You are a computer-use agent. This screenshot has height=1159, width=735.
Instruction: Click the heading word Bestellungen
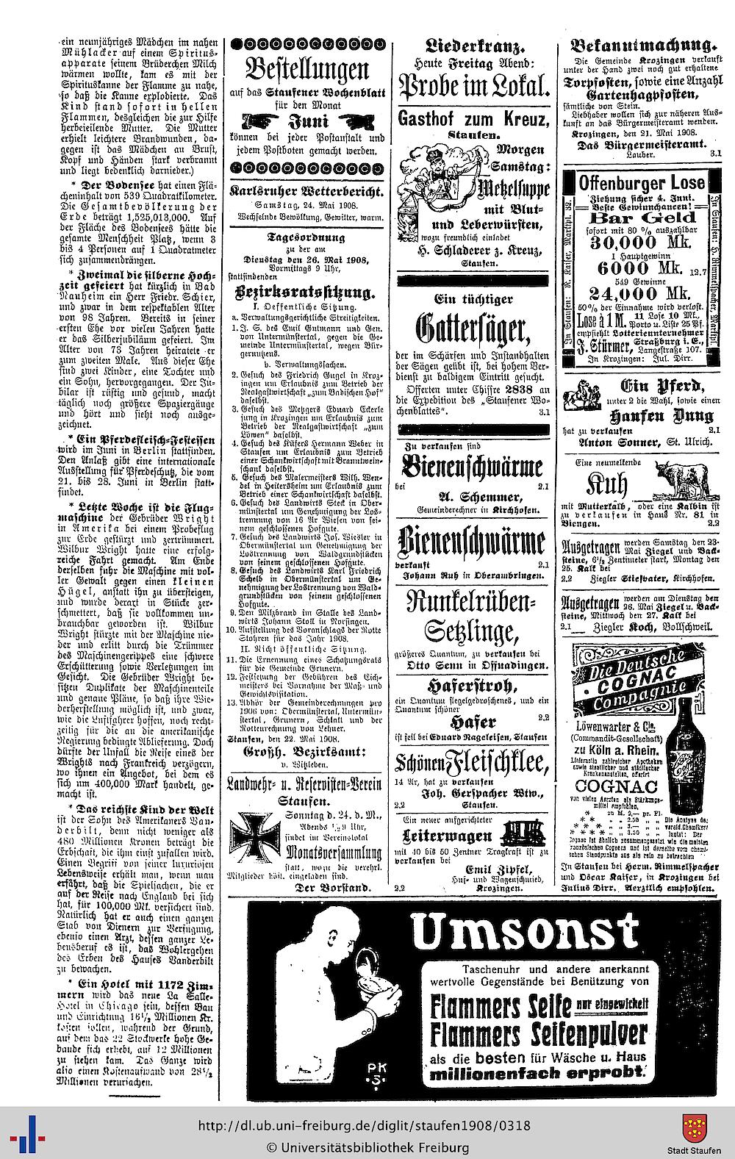306,72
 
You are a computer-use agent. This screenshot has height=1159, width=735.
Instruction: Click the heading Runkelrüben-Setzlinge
472,617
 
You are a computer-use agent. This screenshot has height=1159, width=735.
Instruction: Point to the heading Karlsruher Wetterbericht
306,191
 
